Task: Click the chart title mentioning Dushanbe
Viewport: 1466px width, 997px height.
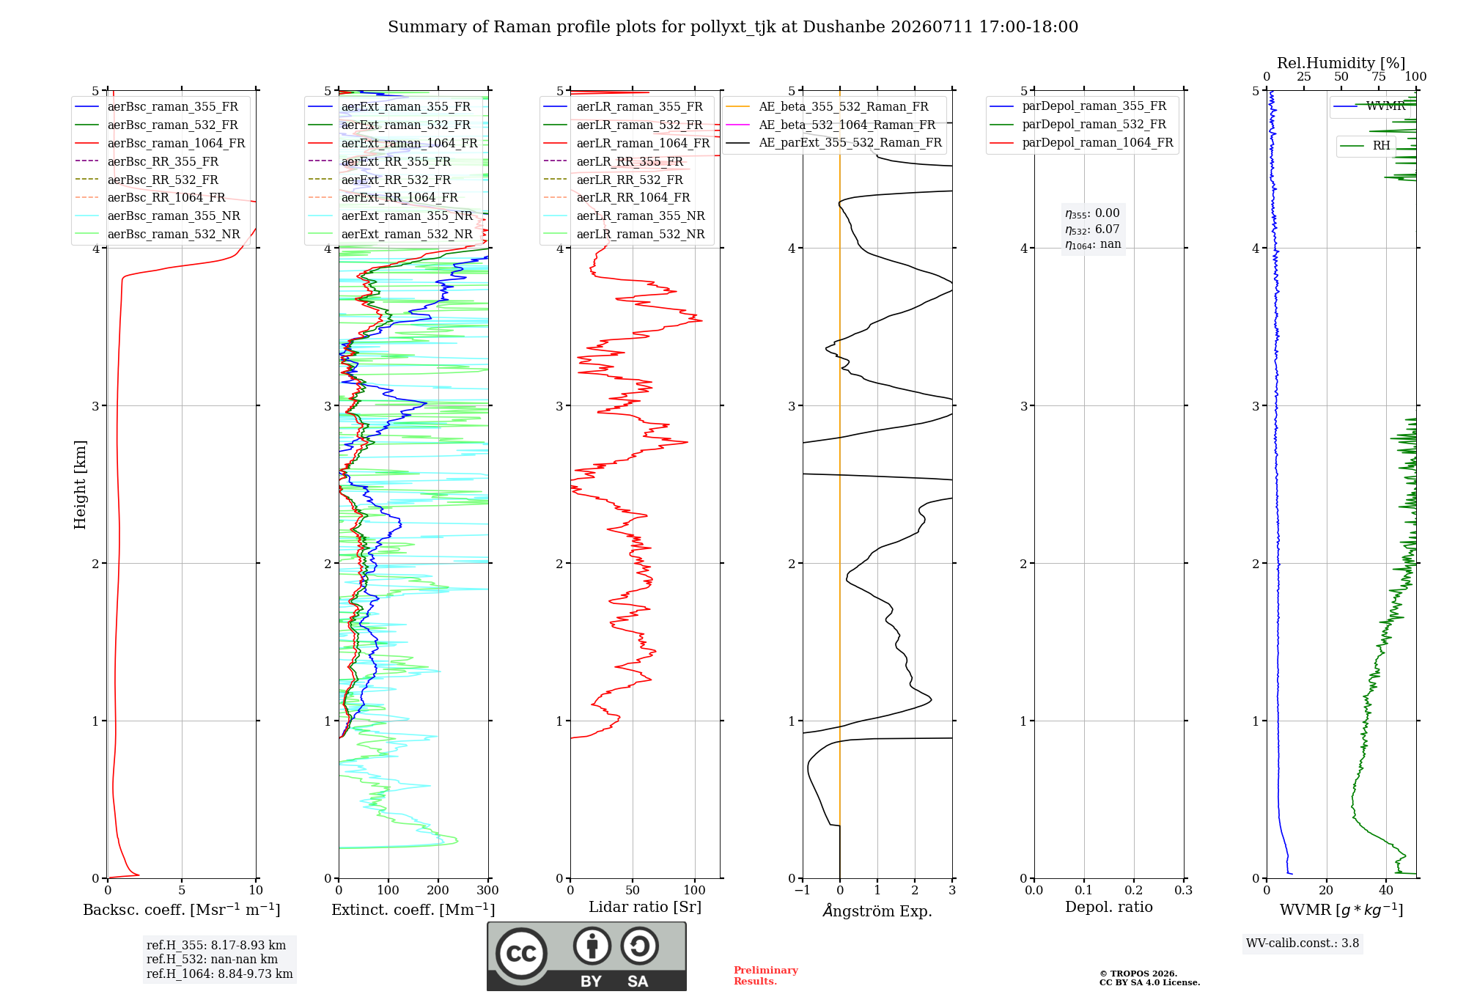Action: pos(733,27)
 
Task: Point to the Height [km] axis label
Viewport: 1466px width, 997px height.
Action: pos(80,485)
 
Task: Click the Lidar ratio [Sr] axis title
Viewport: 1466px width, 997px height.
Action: pos(645,908)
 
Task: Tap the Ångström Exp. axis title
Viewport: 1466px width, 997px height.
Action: pos(877,910)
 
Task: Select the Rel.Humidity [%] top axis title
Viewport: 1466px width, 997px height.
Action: pos(1341,63)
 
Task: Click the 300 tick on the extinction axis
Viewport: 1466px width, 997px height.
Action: pos(487,891)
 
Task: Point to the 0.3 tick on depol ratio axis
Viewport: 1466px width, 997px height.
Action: pos(1183,891)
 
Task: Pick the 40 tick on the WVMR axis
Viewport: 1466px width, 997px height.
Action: pos(1386,891)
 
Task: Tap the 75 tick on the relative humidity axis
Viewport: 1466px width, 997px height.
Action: pos(1379,77)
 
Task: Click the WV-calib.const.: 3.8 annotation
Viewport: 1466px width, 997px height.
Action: pos(1303,943)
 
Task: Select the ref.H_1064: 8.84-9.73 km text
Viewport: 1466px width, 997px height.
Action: pos(220,974)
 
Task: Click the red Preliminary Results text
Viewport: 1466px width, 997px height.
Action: pos(766,976)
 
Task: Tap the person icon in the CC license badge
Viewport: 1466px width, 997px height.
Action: pos(592,946)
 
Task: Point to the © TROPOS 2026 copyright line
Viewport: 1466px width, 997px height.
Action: pos(1138,974)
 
